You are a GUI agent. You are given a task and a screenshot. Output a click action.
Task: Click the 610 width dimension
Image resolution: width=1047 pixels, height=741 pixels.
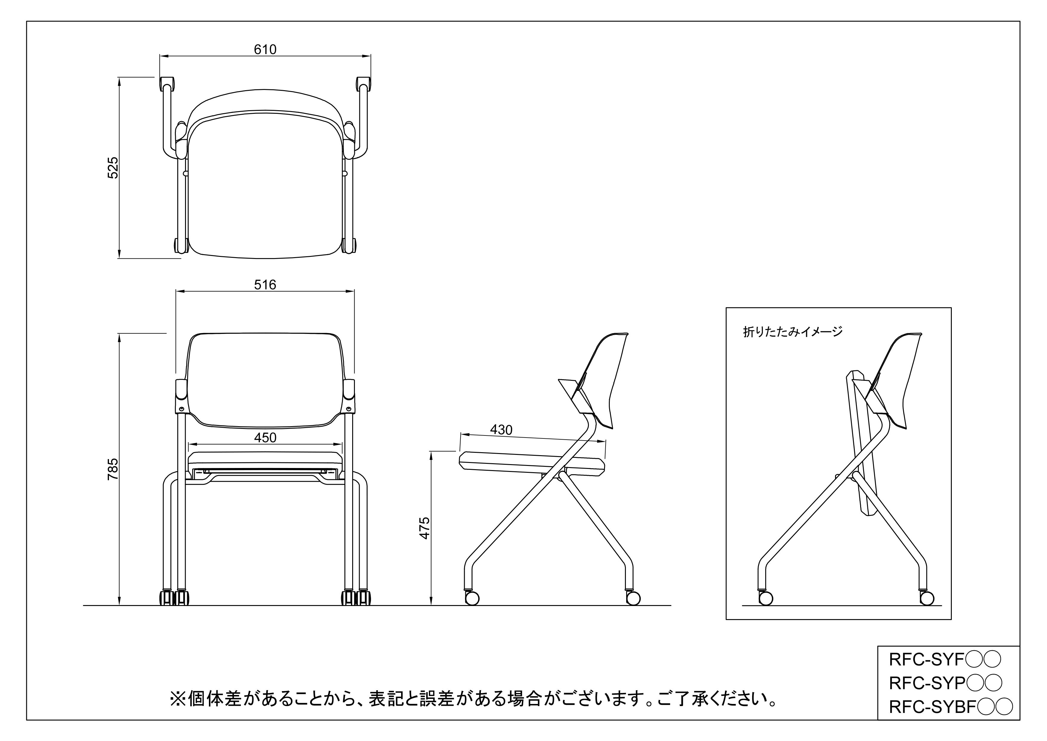coord(265,49)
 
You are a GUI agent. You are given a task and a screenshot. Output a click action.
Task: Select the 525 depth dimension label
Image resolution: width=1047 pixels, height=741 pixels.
coord(113,168)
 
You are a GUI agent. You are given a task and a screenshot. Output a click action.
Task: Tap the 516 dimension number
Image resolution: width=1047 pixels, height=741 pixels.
coord(265,285)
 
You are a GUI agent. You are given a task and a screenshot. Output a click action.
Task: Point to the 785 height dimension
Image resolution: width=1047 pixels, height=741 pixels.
coord(113,469)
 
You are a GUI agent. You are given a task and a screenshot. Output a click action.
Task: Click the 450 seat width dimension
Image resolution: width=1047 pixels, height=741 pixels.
coord(265,438)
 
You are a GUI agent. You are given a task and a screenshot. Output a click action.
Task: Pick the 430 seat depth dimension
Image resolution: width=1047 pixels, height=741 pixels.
coord(501,430)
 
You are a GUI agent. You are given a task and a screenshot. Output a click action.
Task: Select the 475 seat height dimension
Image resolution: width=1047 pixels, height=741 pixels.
coord(424,528)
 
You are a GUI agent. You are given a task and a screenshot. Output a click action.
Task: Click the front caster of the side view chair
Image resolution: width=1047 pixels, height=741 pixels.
coord(472,598)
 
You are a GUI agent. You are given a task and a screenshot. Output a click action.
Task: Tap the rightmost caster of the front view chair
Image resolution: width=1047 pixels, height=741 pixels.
coord(364,598)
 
